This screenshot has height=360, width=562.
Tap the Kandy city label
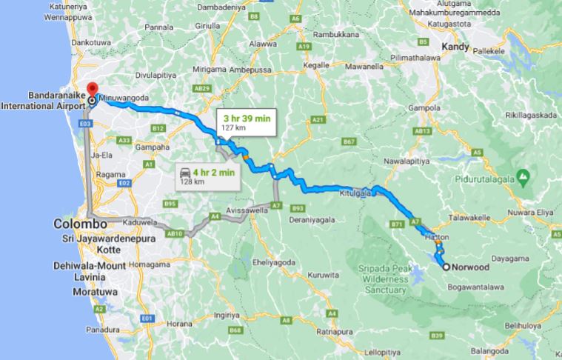(455, 47)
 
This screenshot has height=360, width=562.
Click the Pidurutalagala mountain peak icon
(523, 177)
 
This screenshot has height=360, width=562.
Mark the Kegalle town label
(316, 65)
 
